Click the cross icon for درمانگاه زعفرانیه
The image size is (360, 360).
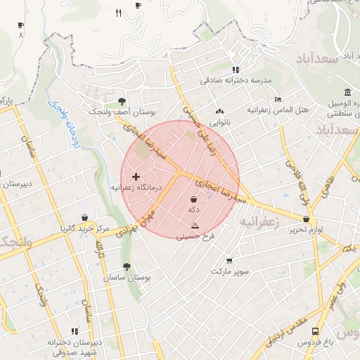[136, 176]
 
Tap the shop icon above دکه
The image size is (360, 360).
[193, 200]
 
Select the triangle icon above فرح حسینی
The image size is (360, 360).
[195, 226]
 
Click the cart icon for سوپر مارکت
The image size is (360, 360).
[229, 261]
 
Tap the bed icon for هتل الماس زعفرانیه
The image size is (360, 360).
[278, 99]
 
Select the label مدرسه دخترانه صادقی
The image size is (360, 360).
[234, 81]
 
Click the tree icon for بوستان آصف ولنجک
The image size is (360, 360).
[122, 101]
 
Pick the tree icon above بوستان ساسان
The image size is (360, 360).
[127, 266]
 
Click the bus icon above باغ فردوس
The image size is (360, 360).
[316, 330]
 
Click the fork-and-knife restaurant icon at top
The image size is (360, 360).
[118, 13]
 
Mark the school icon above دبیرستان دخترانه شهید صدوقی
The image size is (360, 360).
[75, 331]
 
